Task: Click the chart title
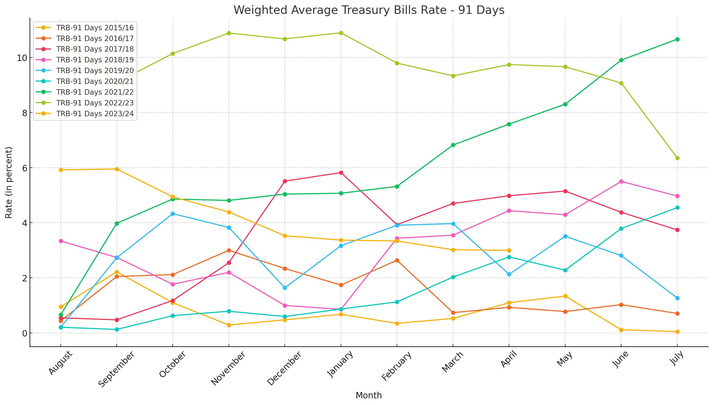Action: [369, 10]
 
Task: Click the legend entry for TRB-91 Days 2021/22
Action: [95, 92]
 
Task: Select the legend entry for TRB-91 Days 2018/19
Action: [95, 60]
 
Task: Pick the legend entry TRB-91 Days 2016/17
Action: [95, 38]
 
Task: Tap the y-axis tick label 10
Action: [22, 58]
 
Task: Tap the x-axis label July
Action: [677, 359]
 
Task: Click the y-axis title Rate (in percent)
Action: [9, 182]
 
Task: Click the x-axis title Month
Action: [369, 395]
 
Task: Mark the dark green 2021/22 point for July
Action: [677, 39]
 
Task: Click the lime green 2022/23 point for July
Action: [677, 158]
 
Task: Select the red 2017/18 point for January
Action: [341, 173]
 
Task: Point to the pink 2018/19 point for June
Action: [621, 182]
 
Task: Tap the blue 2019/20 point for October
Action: [173, 214]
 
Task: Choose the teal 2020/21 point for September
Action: [117, 329]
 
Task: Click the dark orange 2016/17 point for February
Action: [397, 260]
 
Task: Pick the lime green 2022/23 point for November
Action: [229, 33]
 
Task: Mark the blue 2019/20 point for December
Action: [285, 288]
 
